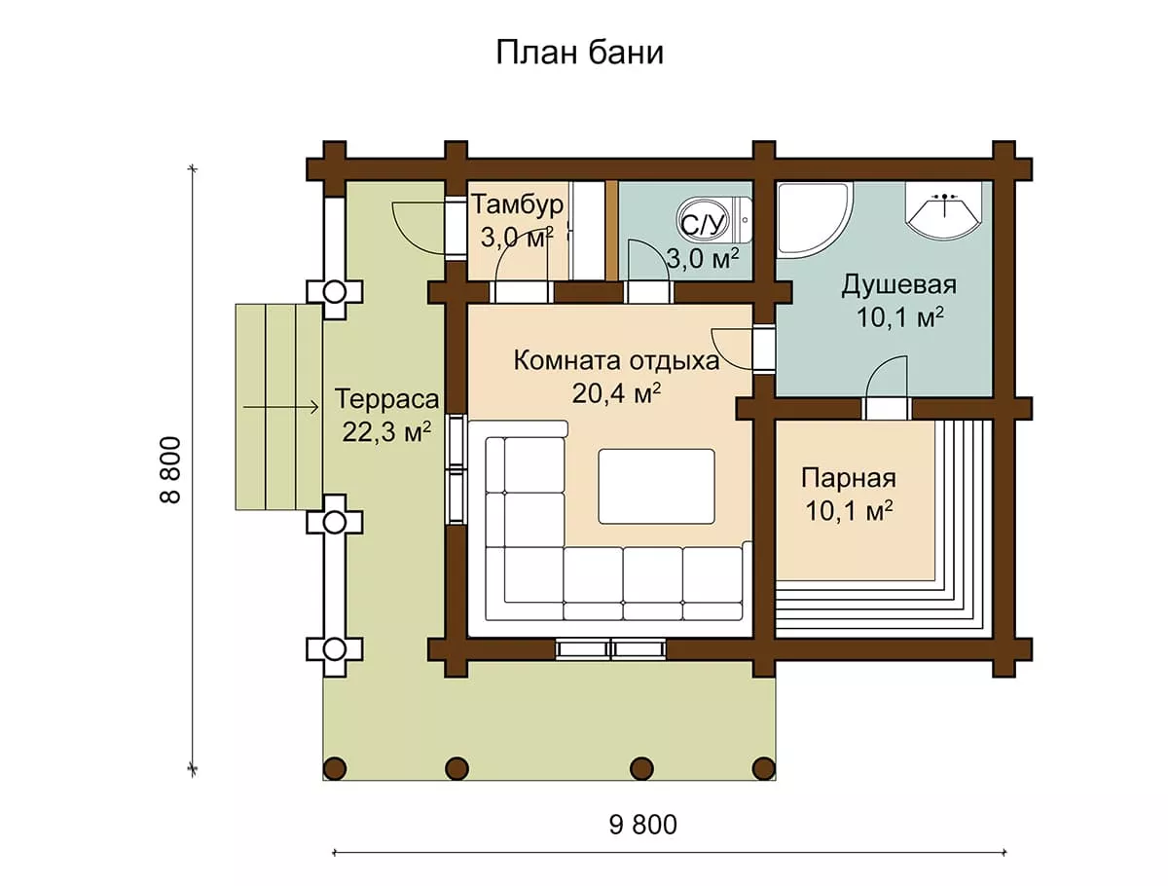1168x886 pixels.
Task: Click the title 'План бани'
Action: (579, 54)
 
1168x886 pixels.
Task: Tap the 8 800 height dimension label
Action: (170, 470)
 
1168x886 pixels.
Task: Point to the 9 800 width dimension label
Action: (642, 826)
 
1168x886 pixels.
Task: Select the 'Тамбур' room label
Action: (517, 204)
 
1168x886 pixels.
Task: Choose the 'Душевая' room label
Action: (898, 285)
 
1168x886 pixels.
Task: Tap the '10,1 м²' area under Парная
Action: (849, 511)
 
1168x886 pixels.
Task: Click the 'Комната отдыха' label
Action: (616, 361)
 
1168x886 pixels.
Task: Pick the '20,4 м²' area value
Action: (616, 393)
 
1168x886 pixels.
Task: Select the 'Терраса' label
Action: (386, 399)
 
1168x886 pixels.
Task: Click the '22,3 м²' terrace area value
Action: (386, 431)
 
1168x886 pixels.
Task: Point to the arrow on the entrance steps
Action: (281, 408)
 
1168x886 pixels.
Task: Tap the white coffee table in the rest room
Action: (657, 487)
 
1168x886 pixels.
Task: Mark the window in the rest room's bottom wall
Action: (611, 649)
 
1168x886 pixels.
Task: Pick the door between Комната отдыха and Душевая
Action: (743, 350)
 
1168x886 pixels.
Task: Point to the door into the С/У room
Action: (648, 272)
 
